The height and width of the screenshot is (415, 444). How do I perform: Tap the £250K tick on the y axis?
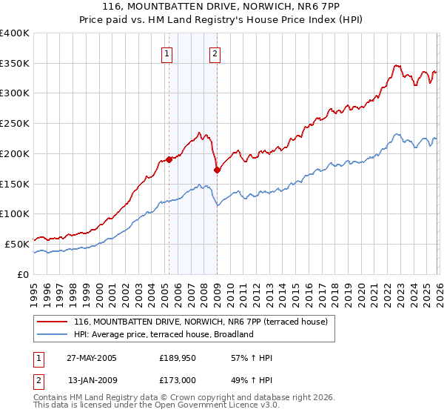(15, 124)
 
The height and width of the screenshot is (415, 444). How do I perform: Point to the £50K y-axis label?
(17, 244)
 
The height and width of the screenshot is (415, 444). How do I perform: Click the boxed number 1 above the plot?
(167, 53)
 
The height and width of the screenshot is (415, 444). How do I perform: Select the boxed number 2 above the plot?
(215, 53)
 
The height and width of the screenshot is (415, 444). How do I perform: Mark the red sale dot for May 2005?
(169, 159)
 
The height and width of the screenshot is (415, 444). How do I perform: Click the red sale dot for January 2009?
(217, 170)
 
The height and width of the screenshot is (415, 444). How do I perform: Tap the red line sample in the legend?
(53, 322)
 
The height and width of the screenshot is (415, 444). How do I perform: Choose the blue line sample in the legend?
(53, 334)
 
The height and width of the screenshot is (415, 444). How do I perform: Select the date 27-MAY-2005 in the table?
(92, 358)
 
